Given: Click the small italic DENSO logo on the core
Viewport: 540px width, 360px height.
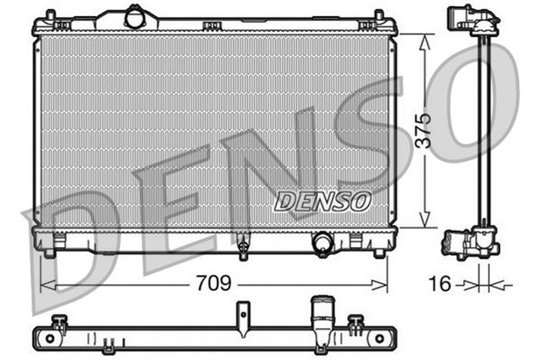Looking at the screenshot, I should [x=321, y=201].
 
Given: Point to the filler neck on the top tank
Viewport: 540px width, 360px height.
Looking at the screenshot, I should [x=134, y=15].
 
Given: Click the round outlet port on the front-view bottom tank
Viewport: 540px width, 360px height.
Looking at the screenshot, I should [x=322, y=243].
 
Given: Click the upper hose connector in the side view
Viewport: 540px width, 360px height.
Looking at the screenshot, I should [x=461, y=18].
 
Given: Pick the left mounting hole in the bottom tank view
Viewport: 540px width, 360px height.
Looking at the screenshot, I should [x=50, y=340].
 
